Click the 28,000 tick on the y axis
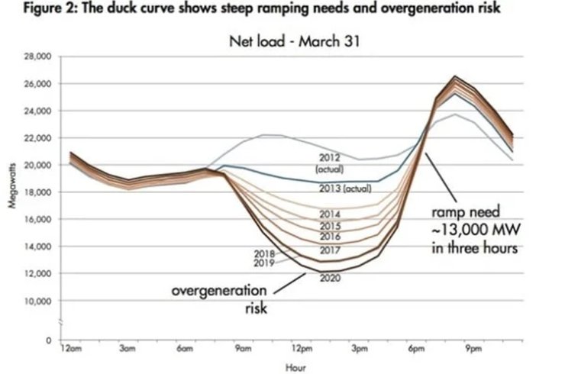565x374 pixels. click(x=39, y=56)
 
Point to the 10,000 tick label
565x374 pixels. click(x=39, y=301)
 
